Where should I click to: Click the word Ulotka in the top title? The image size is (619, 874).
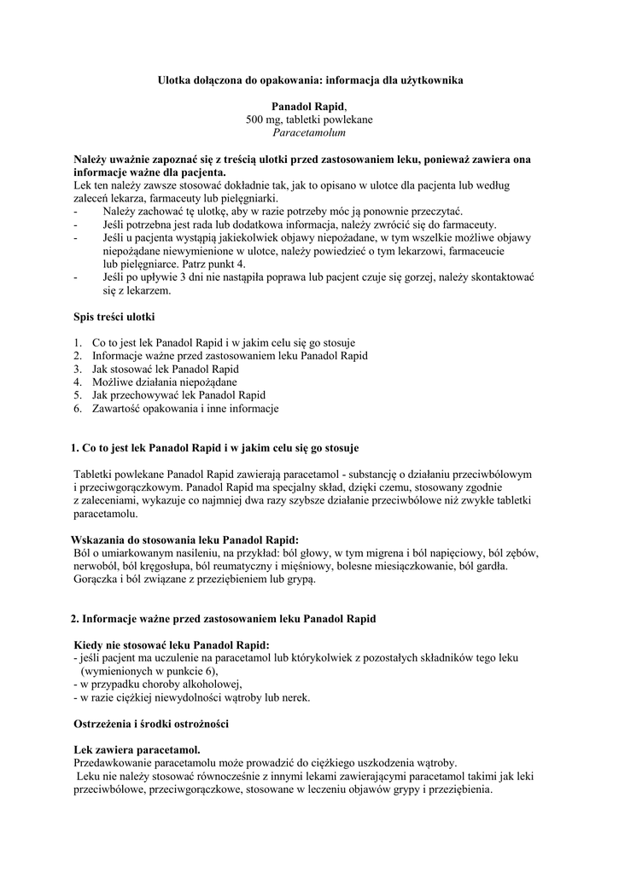pyautogui.click(x=174, y=79)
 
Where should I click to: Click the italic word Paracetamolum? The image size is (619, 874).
pyautogui.click(x=309, y=132)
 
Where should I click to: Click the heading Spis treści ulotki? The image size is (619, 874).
pyautogui.click(x=114, y=318)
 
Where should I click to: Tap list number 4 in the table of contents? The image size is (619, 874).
pyautogui.click(x=77, y=382)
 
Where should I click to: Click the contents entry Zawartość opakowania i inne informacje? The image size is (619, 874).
pyautogui.click(x=185, y=409)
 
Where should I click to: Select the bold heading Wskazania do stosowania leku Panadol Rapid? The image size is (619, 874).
pyautogui.click(x=184, y=540)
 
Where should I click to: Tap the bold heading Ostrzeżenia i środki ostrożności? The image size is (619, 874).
pyautogui.click(x=151, y=724)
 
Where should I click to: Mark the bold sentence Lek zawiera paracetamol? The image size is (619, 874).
pyautogui.click(x=137, y=749)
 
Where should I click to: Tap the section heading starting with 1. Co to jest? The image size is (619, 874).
pyautogui.click(x=214, y=448)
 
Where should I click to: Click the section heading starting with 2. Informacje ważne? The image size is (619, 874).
pyautogui.click(x=223, y=618)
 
